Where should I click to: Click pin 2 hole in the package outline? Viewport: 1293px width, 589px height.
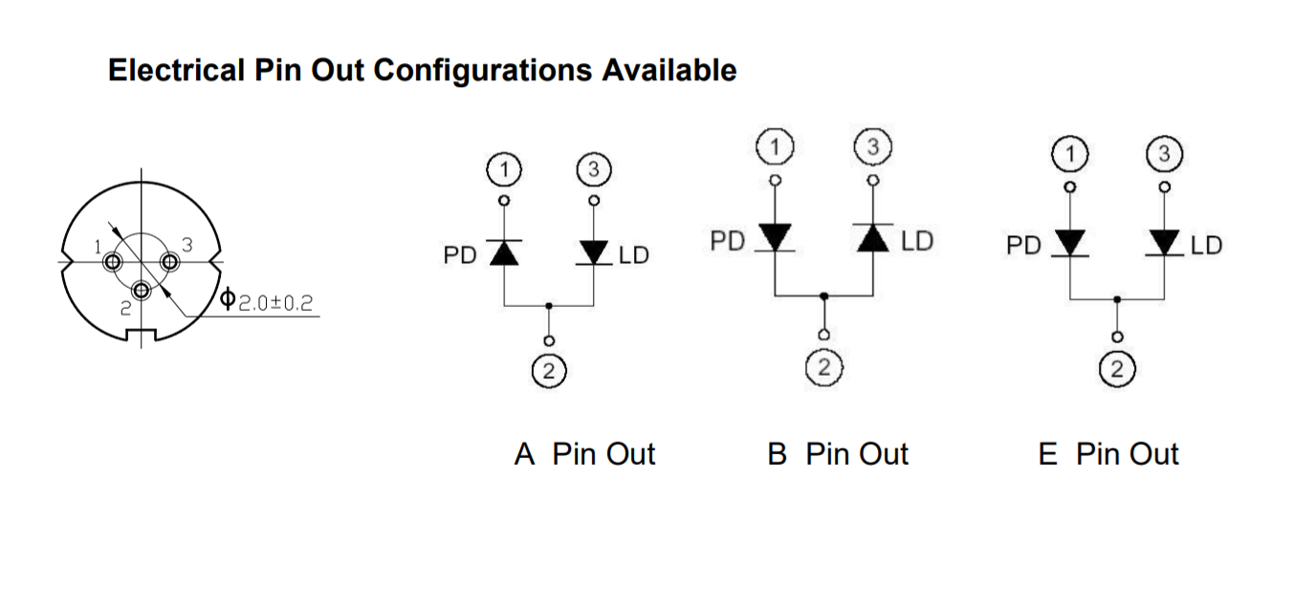tap(142, 290)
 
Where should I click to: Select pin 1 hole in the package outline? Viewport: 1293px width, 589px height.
tap(114, 262)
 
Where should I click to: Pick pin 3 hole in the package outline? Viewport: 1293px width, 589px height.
tap(170, 261)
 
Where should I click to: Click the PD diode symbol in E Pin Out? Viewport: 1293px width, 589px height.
tap(1070, 243)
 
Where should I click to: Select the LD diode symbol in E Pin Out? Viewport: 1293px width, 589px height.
tap(1164, 243)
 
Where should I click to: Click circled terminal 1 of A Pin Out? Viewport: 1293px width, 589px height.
tap(504, 170)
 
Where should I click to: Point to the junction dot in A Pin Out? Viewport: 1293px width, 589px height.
tap(548, 306)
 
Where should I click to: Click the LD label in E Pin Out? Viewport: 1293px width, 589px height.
tap(1206, 246)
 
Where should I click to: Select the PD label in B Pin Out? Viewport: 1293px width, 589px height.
tap(728, 241)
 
